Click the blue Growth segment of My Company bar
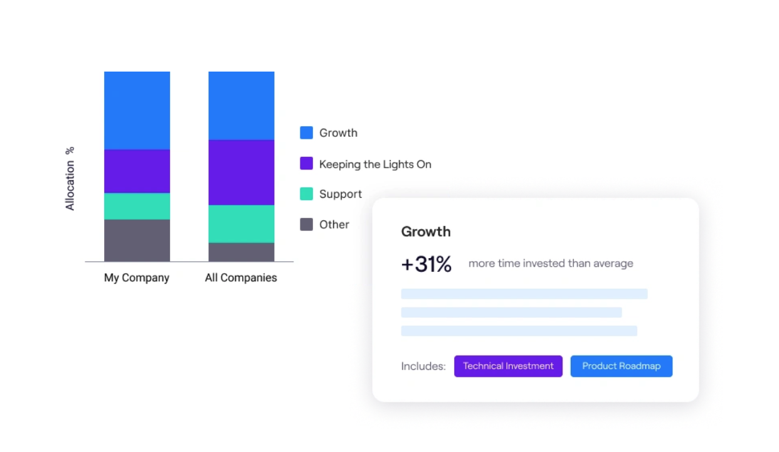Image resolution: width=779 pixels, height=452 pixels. tap(137, 110)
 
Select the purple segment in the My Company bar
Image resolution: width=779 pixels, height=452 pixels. tap(137, 171)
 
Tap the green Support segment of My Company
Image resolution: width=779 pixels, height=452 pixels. tap(137, 206)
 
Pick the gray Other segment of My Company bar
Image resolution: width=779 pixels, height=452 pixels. tap(137, 240)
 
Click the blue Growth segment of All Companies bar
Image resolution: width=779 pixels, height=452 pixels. tap(241, 105)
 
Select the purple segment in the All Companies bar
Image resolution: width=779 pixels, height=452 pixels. tap(241, 172)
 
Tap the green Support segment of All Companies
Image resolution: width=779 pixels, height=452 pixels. tap(241, 223)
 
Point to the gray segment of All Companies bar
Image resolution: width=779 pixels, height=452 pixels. tap(241, 252)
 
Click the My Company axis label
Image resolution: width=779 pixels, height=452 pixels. tap(137, 277)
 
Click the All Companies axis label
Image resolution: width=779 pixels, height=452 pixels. tap(241, 277)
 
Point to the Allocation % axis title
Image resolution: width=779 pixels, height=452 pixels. tap(70, 178)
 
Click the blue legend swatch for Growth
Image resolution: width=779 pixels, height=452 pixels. tap(306, 132)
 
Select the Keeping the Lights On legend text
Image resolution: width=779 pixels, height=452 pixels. tap(375, 164)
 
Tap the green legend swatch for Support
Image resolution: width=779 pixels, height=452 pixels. tap(306, 194)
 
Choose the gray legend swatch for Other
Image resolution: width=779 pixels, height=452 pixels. tap(306, 224)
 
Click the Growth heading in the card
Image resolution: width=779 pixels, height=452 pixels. tap(426, 232)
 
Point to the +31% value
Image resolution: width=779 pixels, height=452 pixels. tap(427, 264)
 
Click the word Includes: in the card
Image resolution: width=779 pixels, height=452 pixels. tap(423, 366)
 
